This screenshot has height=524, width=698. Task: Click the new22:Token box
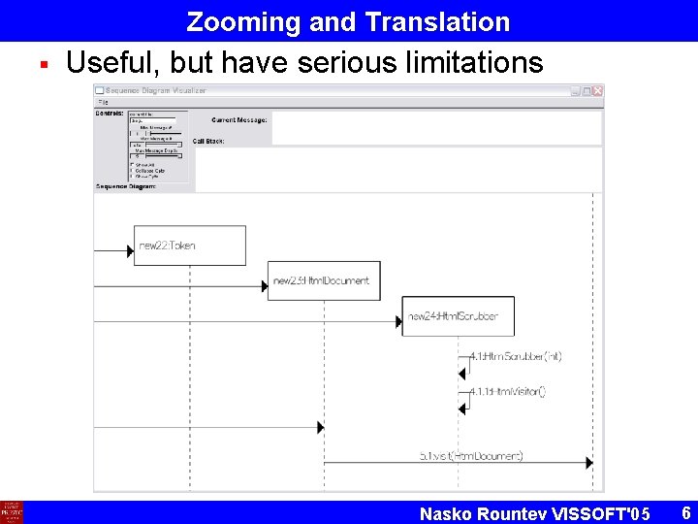click(190, 246)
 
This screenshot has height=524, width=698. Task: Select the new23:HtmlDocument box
click(324, 281)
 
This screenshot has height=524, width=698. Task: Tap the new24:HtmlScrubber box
click(458, 316)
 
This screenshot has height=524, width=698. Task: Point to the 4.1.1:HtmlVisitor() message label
click(507, 391)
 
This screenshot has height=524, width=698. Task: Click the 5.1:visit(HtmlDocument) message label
click(471, 455)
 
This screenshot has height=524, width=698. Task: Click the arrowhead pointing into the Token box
click(130, 251)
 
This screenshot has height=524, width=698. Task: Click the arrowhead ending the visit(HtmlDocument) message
click(589, 463)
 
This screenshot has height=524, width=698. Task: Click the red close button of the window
click(598, 91)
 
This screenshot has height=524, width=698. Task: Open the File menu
click(102, 102)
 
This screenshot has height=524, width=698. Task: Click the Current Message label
click(238, 119)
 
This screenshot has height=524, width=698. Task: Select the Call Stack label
click(208, 141)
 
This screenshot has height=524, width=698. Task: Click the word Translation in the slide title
click(438, 21)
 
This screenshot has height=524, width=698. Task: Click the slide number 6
click(685, 511)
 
